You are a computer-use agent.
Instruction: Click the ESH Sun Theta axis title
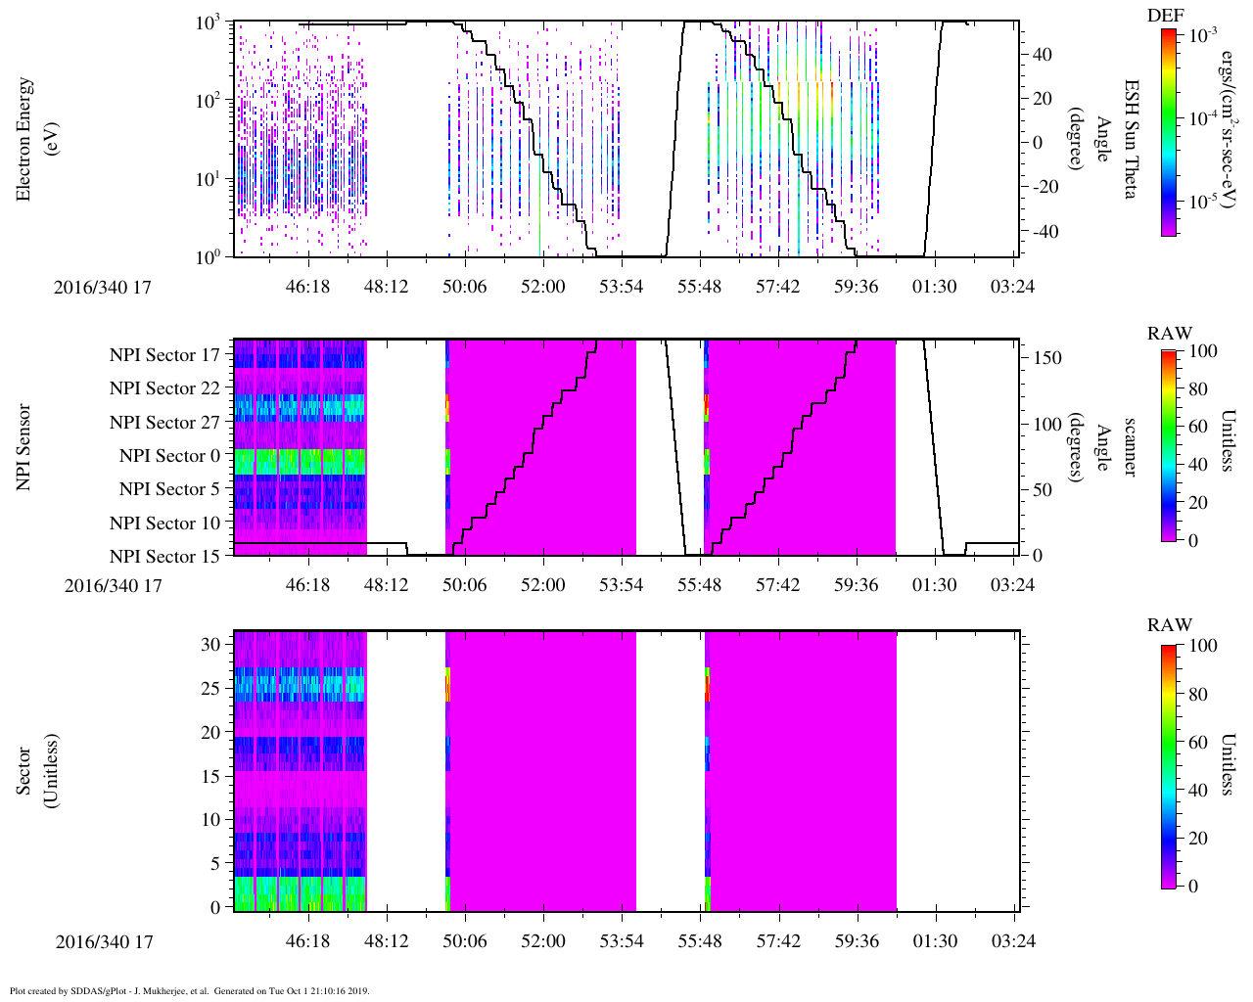[x=1130, y=139]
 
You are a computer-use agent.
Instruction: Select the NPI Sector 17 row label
[x=165, y=355]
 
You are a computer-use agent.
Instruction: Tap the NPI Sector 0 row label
[x=170, y=456]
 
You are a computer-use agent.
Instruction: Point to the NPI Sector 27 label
[x=165, y=423]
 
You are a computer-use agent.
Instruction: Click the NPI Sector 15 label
[x=165, y=557]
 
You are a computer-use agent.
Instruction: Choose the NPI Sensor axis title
[x=24, y=447]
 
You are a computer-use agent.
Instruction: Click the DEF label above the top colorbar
[x=1166, y=15]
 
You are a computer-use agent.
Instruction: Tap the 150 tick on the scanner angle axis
[x=1048, y=358]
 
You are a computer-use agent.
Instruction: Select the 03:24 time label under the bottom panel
[x=1012, y=941]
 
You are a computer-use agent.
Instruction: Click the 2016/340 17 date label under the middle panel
[x=113, y=585]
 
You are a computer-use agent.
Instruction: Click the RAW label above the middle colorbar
[x=1170, y=334]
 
